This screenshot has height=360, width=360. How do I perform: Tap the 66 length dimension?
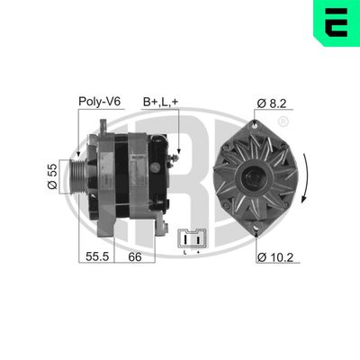tap(134, 257)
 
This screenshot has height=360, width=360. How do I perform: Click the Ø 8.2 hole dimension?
tap(273, 104)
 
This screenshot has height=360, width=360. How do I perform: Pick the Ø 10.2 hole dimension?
tap(275, 258)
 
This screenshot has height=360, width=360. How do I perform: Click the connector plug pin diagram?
tap(192, 238)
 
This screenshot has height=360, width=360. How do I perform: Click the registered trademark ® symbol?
tap(284, 121)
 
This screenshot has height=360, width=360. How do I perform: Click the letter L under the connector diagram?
tap(185, 253)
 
